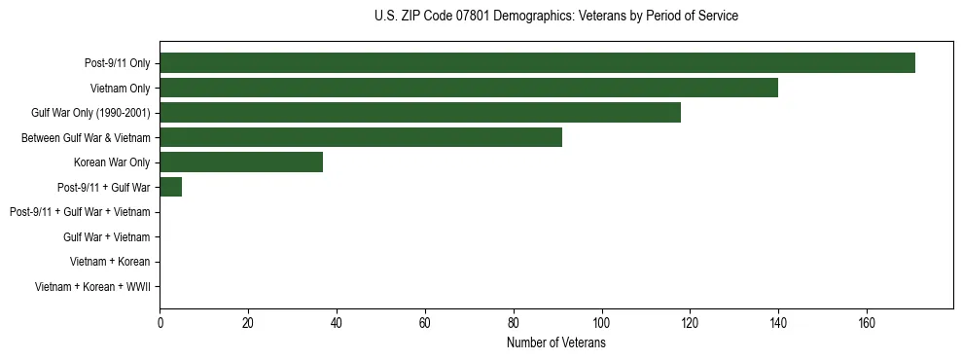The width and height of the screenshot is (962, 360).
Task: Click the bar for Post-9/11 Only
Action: click(x=537, y=63)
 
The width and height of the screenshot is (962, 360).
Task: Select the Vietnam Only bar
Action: click(x=468, y=88)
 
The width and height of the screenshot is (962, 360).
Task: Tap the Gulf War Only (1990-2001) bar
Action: click(x=419, y=113)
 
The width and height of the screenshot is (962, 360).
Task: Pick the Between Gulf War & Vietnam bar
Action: click(x=360, y=137)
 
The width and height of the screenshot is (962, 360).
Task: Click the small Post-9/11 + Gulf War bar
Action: click(x=170, y=187)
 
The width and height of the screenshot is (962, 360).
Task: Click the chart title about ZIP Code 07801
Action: click(x=555, y=17)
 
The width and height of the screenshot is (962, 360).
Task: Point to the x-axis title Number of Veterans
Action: click(x=555, y=343)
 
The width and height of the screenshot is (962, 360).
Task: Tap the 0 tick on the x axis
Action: click(x=160, y=324)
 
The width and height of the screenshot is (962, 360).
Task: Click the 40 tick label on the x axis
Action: click(x=337, y=324)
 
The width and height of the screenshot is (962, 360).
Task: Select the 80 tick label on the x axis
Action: click(x=513, y=324)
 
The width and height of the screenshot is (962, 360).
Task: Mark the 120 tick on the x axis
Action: click(x=690, y=324)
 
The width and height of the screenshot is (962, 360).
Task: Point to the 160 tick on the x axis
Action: click(x=867, y=324)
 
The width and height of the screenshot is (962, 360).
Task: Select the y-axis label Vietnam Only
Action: click(x=120, y=89)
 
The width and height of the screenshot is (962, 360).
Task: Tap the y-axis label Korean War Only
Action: click(x=112, y=162)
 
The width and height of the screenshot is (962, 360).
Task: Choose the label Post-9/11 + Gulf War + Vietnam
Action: click(x=80, y=212)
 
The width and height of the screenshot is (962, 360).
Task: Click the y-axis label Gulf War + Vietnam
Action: click(x=106, y=236)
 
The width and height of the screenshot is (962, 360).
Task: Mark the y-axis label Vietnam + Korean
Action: click(x=110, y=262)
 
